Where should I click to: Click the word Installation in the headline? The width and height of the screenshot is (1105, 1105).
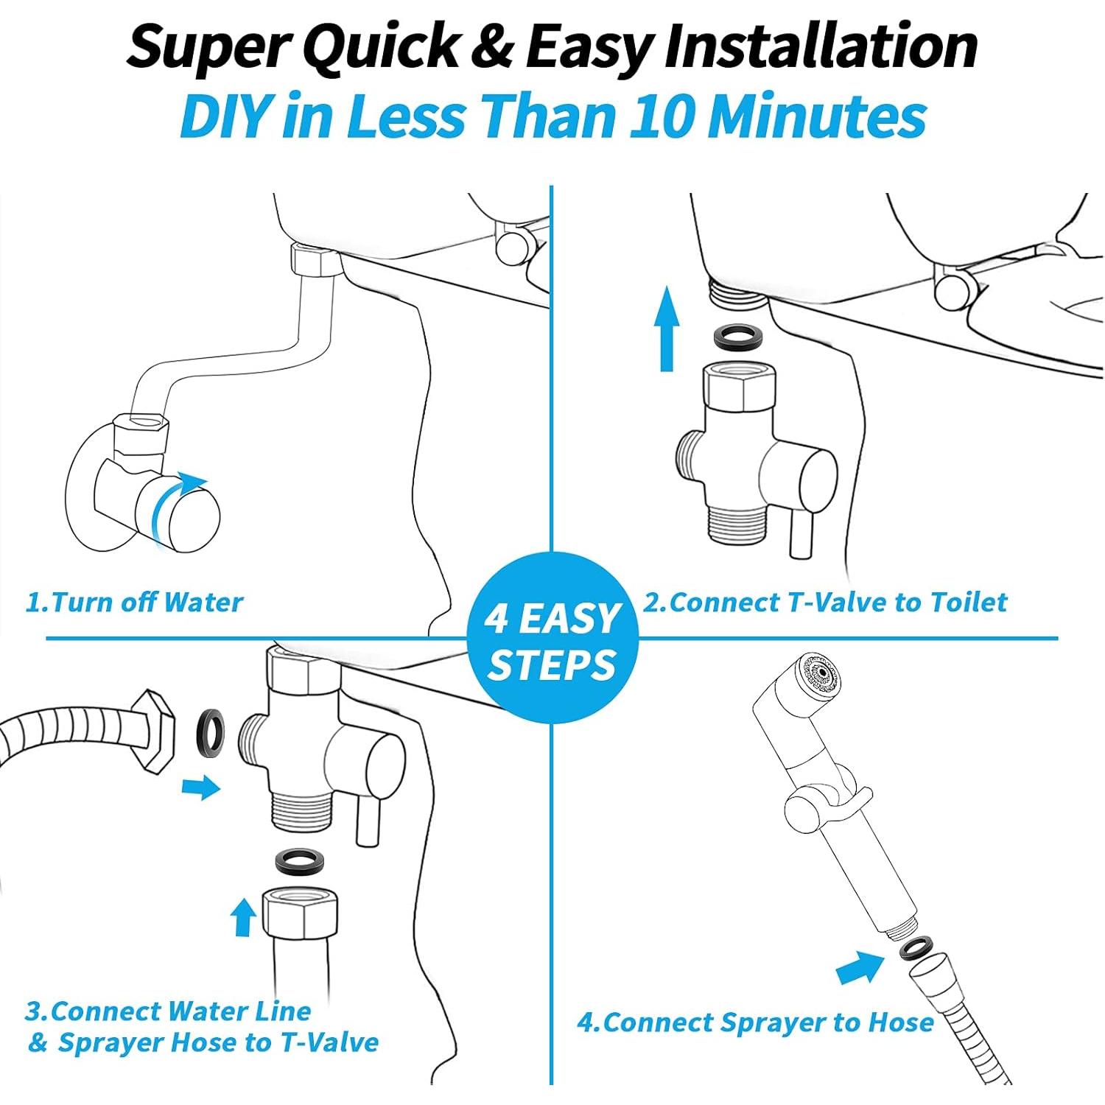[x=821, y=46]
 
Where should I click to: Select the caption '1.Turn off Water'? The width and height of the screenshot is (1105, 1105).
[x=134, y=602]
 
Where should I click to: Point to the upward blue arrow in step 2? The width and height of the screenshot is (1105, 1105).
[x=667, y=328]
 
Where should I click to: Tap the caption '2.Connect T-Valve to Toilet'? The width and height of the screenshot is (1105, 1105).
[x=824, y=602]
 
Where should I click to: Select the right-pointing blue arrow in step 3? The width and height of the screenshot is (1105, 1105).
[x=201, y=787]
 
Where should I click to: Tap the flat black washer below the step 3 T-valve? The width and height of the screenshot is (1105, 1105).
[x=301, y=860]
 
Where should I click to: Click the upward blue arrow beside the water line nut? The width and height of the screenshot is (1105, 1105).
[x=242, y=917]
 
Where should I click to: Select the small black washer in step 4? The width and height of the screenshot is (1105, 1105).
[x=914, y=947]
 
